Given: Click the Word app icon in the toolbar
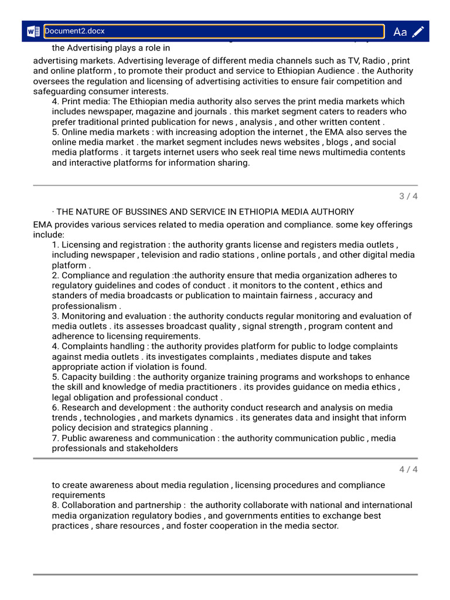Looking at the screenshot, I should point(32,32).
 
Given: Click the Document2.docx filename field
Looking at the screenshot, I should point(213,31).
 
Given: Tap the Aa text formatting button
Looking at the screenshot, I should point(400,32).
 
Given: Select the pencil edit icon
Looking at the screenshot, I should point(418,32).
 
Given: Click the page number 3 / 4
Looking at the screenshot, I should point(408,196).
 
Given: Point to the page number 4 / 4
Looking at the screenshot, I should point(408,469).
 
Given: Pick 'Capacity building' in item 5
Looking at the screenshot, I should point(97,377).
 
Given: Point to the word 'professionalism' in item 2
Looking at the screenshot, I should point(84,306).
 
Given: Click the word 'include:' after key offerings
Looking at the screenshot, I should point(49,234).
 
